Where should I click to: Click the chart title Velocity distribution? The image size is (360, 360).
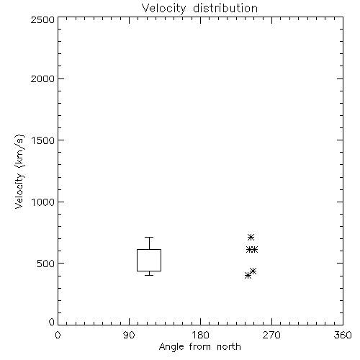click(x=199, y=9)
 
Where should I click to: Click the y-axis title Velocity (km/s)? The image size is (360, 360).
click(x=19, y=171)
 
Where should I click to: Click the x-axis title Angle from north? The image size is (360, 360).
click(x=199, y=346)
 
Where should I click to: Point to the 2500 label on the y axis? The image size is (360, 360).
click(x=42, y=19)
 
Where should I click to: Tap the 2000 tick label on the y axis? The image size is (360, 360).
click(x=42, y=78)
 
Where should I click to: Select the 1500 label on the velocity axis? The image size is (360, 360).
click(x=43, y=140)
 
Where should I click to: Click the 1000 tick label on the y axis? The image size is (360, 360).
click(x=43, y=202)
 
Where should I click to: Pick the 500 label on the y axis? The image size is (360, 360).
click(x=46, y=264)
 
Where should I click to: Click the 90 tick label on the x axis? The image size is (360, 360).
click(x=129, y=335)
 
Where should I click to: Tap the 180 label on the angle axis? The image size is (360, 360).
click(x=200, y=335)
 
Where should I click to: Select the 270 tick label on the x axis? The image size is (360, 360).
click(x=271, y=335)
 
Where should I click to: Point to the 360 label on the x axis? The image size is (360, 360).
click(x=343, y=335)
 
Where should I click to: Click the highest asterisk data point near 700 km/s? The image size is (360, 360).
click(x=251, y=238)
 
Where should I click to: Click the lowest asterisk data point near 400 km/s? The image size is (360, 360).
click(x=248, y=276)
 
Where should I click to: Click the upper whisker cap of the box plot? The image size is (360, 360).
click(x=149, y=237)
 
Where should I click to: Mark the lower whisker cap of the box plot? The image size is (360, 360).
click(x=149, y=275)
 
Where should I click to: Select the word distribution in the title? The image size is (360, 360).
click(x=225, y=9)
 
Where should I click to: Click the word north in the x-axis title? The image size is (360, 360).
click(x=229, y=346)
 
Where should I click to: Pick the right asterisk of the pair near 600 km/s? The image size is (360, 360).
click(x=254, y=250)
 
